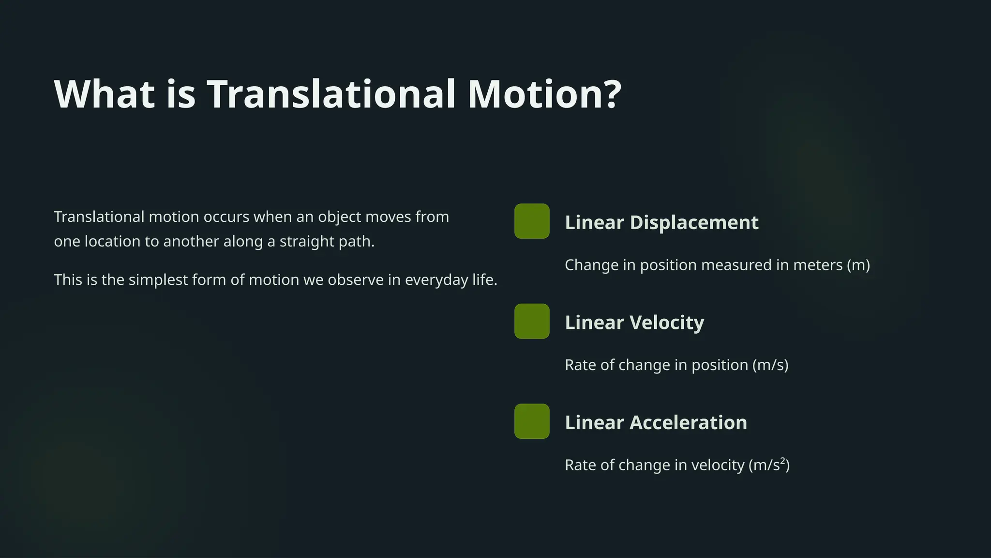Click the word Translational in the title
point(331,94)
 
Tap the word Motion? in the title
point(544,94)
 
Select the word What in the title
point(105,94)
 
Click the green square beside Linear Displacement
point(532,221)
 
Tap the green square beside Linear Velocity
point(532,321)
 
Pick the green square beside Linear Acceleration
point(532,421)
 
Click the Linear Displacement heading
point(661,223)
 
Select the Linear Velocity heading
point(634,323)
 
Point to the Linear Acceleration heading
point(656,423)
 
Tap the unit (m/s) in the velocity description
point(770,365)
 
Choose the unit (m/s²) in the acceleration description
point(769,465)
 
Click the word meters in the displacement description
point(818,265)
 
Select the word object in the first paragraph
point(339,217)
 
